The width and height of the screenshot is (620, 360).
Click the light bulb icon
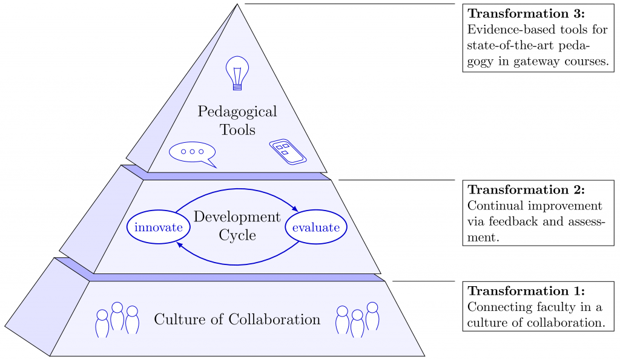tap(237, 73)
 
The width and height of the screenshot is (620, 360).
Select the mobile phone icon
tap(288, 152)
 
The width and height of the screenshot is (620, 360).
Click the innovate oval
tap(159, 227)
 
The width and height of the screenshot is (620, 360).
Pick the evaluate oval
tap(316, 227)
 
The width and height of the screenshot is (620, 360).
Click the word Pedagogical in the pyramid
tap(237, 112)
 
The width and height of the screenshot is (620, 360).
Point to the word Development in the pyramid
tap(237, 217)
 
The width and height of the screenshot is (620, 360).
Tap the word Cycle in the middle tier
tap(237, 235)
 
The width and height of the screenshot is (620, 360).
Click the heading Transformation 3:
tap(526, 13)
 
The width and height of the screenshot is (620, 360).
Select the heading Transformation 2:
tap(526, 190)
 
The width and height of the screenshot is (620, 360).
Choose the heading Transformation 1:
tap(526, 291)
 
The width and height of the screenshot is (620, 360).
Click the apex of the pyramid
tap(237, 4)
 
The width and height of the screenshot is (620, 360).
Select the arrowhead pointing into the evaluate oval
tap(295, 208)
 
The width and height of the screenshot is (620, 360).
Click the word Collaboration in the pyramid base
tap(274, 319)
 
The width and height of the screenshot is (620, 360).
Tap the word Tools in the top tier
tap(237, 130)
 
